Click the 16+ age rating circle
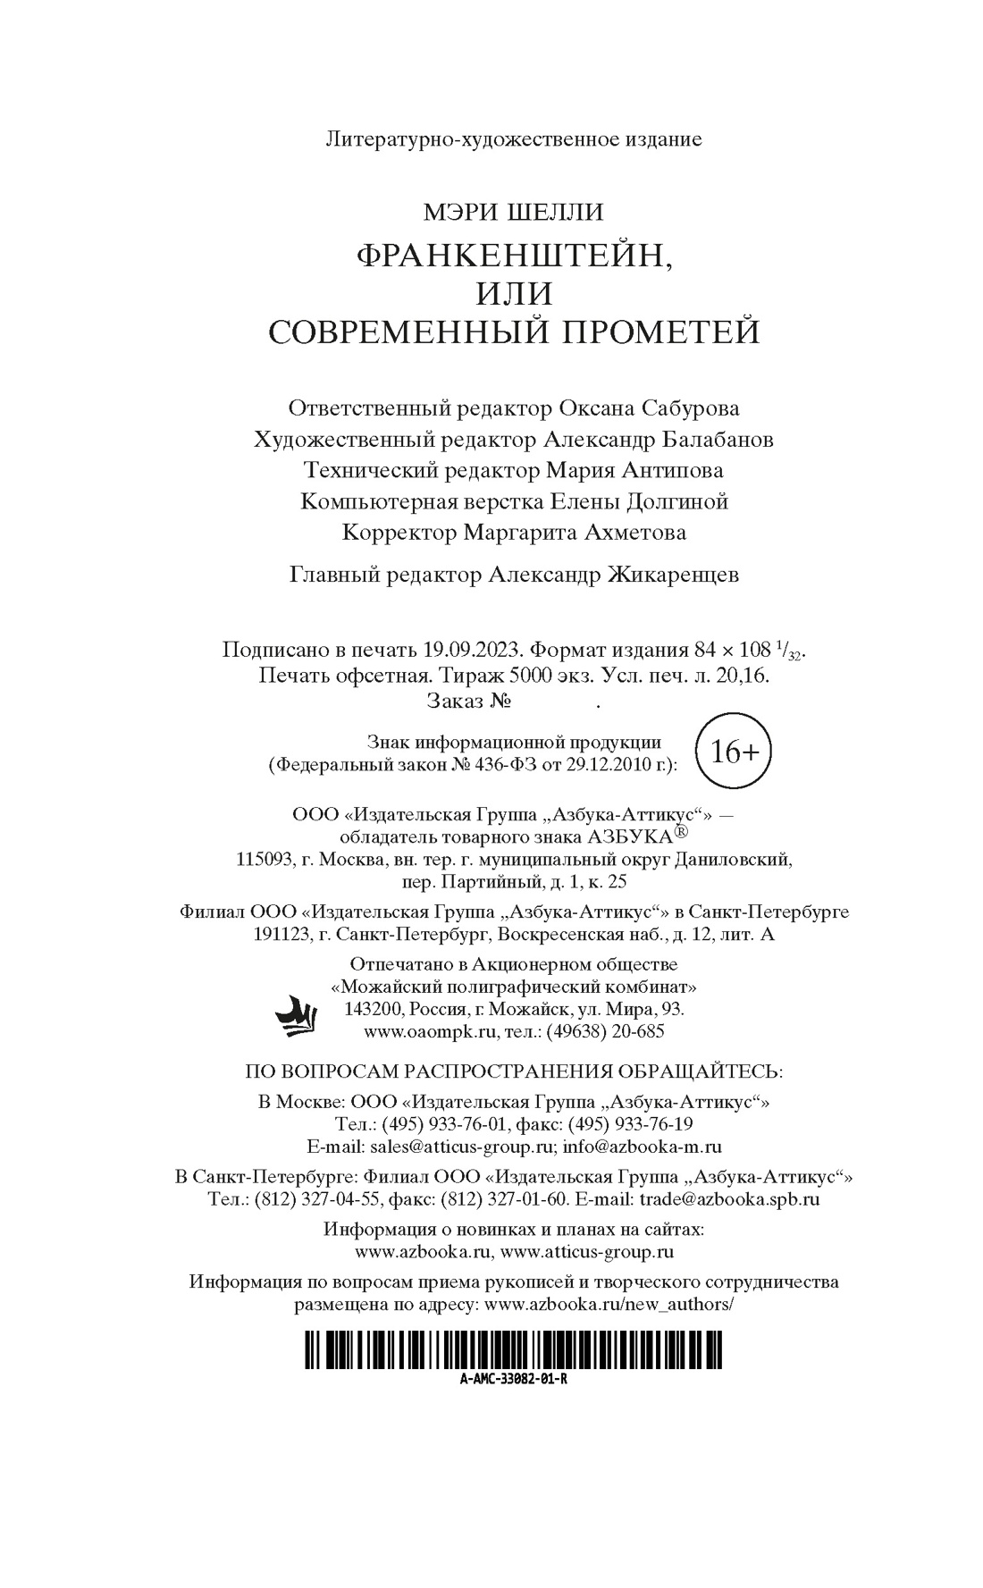734,752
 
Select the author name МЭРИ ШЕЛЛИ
514,212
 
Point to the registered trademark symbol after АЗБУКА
682,832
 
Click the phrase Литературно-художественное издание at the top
514,139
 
